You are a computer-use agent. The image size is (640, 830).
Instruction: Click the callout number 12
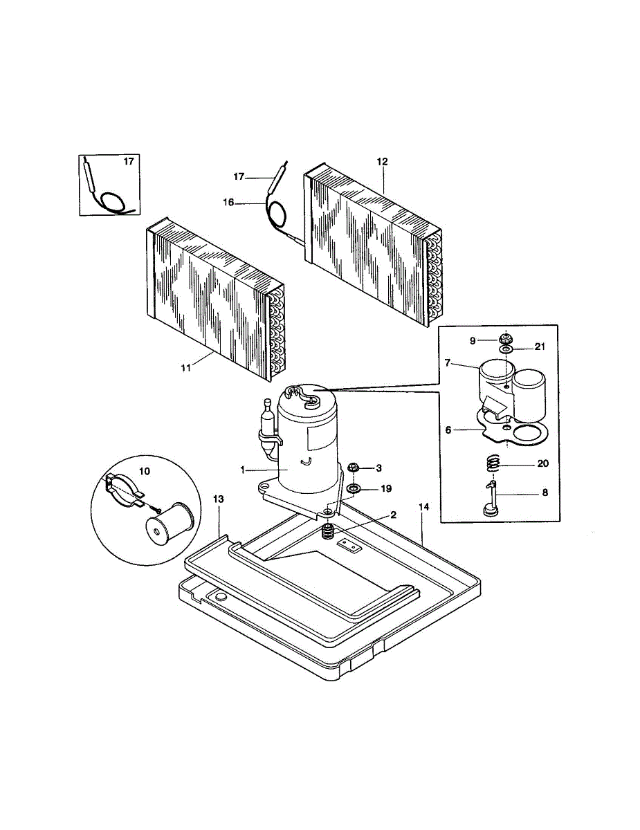point(383,162)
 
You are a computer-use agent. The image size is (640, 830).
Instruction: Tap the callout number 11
point(185,368)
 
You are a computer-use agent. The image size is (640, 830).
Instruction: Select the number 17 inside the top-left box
point(128,162)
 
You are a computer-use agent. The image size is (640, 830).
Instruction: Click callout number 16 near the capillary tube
point(229,203)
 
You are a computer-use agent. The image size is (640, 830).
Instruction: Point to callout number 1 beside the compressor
point(243,470)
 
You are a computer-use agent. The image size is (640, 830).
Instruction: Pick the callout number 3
point(379,468)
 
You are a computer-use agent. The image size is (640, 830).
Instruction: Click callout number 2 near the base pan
point(393,515)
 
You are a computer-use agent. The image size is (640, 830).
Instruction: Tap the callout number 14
point(424,507)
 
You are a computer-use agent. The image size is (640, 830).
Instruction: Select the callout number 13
point(219,498)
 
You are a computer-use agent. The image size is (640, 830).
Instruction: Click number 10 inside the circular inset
point(145,470)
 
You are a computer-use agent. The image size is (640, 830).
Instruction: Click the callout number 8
point(545,493)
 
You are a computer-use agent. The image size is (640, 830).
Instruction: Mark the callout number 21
point(540,347)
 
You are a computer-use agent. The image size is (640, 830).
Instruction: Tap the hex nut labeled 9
point(506,339)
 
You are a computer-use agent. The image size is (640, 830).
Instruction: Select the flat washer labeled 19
point(354,490)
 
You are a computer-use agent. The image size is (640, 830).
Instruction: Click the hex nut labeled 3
point(352,468)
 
